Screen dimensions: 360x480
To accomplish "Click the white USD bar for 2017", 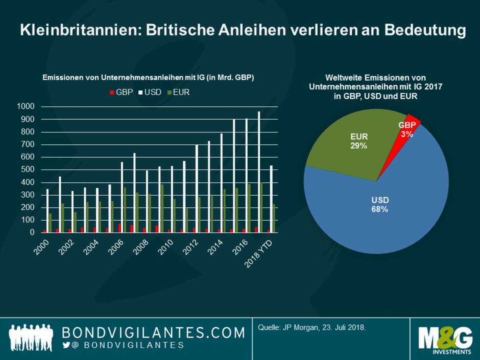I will click(259, 172).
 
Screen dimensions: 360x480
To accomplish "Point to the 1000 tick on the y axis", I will click(26, 107).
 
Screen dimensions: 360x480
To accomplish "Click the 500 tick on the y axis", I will click(28, 170).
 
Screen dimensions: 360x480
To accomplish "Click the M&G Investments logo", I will click(444, 340).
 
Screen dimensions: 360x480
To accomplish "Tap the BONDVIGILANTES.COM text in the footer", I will click(153, 332).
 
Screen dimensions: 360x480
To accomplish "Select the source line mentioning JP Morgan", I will click(312, 327).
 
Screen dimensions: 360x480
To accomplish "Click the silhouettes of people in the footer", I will click(31, 338).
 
